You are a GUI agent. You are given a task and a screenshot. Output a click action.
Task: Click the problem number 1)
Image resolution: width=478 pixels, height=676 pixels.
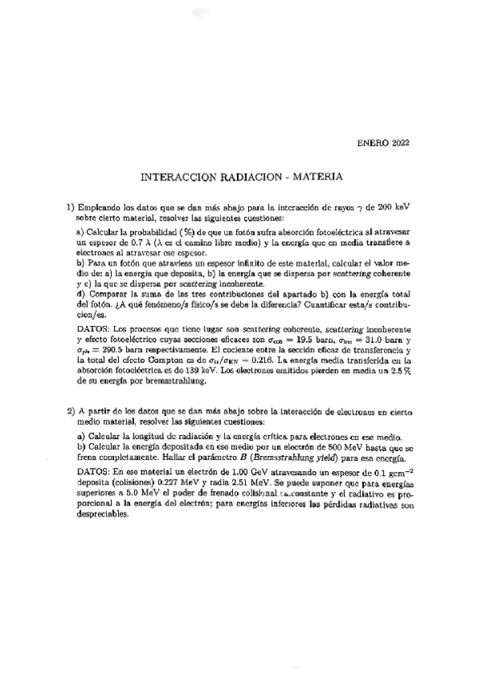coord(70,206)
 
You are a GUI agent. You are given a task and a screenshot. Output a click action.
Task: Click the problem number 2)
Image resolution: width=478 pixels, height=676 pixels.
coord(70,411)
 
